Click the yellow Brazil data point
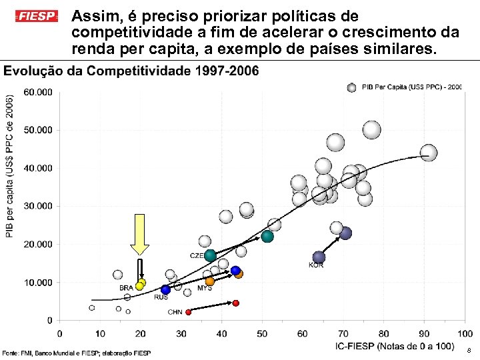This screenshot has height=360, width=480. tap(139, 286)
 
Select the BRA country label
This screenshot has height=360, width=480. tap(126, 288)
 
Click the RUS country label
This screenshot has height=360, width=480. tap(161, 297)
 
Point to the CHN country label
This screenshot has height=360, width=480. tap(175, 312)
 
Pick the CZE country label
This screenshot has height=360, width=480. tap(197, 255)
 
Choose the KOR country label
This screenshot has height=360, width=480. tap(316, 265)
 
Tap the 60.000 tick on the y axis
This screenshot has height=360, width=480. tap(38, 93)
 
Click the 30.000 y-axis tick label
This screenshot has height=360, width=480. tap(38, 207)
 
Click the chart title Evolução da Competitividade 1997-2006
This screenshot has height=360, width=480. tap(131, 71)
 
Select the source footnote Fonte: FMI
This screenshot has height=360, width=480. tap(77, 352)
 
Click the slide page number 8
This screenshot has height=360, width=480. tap(469, 350)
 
